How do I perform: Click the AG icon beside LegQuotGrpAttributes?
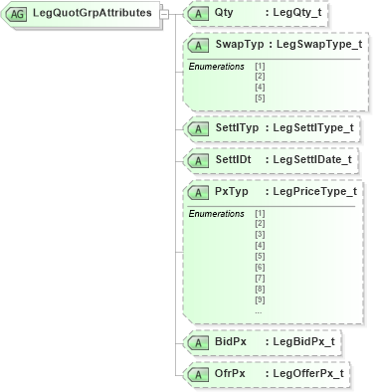tap(18, 14)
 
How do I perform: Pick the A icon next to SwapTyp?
tap(199, 46)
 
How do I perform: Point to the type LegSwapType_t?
tap(316, 46)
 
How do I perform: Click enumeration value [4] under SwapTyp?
tap(260, 87)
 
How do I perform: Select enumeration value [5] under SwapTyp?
tap(260, 98)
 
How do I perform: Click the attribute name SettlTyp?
tap(240, 127)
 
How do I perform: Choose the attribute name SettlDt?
tap(237, 159)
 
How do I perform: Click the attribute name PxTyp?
tap(232, 190)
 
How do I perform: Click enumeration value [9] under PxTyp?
tap(260, 300)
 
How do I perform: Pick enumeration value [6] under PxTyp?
tap(260, 268)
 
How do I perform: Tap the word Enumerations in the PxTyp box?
tap(217, 213)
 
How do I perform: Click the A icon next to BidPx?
tap(199, 342)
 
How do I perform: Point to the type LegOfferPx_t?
tap(307, 373)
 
